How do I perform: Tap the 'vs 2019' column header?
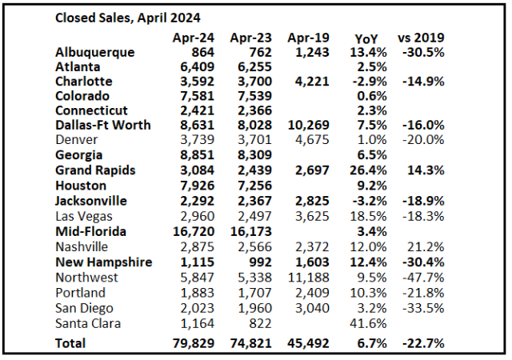coord(421,38)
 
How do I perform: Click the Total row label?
coord(70,342)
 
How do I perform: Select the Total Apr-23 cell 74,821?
coord(250,342)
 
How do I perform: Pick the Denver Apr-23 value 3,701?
coord(253,139)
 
